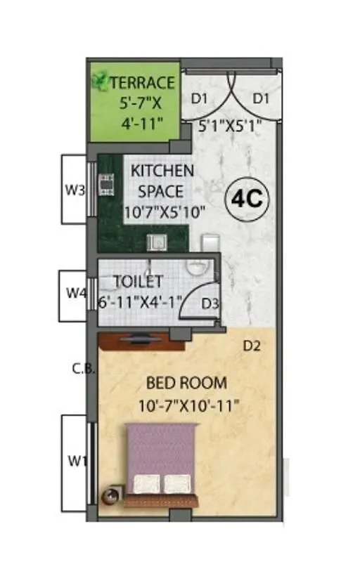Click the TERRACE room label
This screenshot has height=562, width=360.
click(142, 82)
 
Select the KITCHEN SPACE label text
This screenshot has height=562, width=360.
click(162, 181)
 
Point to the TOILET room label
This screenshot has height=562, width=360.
click(138, 282)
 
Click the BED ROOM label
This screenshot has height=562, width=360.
click(186, 384)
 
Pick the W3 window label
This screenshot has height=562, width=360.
click(75, 189)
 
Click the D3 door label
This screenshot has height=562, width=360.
click(209, 303)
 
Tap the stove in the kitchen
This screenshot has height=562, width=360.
click(106, 184)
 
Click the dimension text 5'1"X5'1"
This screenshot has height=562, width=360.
click(221, 128)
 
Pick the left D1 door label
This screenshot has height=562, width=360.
click(200, 98)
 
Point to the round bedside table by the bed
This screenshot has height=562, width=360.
click(110, 496)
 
